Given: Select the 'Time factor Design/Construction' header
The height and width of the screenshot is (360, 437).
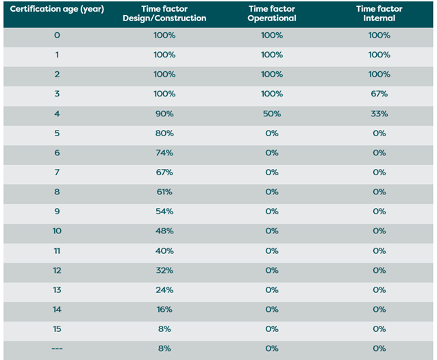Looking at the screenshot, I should pyautogui.click(x=164, y=13).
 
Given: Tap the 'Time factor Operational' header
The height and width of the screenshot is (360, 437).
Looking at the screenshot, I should pyautogui.click(x=272, y=13).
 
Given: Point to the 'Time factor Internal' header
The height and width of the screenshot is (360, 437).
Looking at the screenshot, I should pyautogui.click(x=379, y=13).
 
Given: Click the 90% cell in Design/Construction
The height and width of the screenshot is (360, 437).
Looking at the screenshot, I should pyautogui.click(x=164, y=113).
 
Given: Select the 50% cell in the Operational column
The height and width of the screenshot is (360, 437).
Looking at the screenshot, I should pyautogui.click(x=272, y=113).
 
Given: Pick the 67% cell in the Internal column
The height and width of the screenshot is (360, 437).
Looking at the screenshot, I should pyautogui.click(x=379, y=93).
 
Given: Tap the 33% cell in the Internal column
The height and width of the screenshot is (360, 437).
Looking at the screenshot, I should pyautogui.click(x=379, y=113).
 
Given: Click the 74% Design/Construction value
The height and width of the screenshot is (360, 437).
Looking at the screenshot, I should pyautogui.click(x=164, y=153).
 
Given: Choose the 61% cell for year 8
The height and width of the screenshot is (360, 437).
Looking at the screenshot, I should pyautogui.click(x=164, y=192).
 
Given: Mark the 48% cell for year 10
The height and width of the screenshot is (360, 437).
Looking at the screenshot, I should pyautogui.click(x=164, y=231).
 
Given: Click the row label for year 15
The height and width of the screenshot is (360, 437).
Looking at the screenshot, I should pyautogui.click(x=57, y=329).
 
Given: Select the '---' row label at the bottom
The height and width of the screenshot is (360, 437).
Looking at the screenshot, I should pyautogui.click(x=57, y=348).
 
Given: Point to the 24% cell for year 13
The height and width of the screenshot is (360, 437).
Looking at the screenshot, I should pyautogui.click(x=164, y=290).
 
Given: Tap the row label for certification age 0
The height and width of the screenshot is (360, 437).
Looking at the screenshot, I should pyautogui.click(x=57, y=35).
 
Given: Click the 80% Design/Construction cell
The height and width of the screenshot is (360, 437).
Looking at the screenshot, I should pyautogui.click(x=164, y=133).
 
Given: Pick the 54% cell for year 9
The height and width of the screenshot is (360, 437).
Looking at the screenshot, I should pyautogui.click(x=164, y=211).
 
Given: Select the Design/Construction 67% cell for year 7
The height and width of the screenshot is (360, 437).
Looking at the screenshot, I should pyautogui.click(x=164, y=172).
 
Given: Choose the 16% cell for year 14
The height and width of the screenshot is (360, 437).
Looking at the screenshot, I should pyautogui.click(x=164, y=309).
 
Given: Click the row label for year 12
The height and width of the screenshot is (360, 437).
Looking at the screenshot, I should pyautogui.click(x=57, y=270).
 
